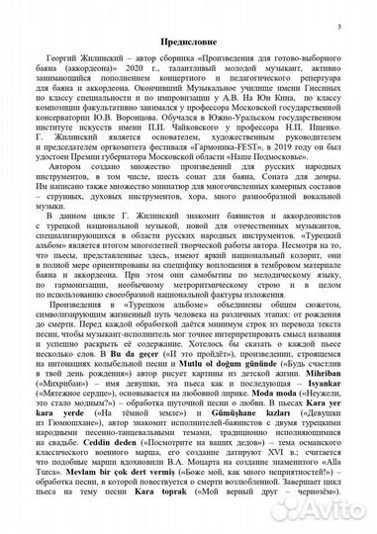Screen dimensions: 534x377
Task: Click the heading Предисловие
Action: tap(188, 46)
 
